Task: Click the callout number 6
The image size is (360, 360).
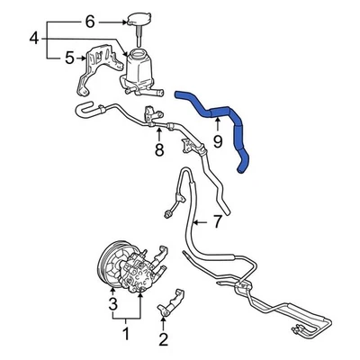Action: (88, 20)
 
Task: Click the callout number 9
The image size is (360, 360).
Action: (217, 140)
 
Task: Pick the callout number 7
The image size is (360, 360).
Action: (217, 220)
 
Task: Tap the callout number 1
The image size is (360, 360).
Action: (126, 335)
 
